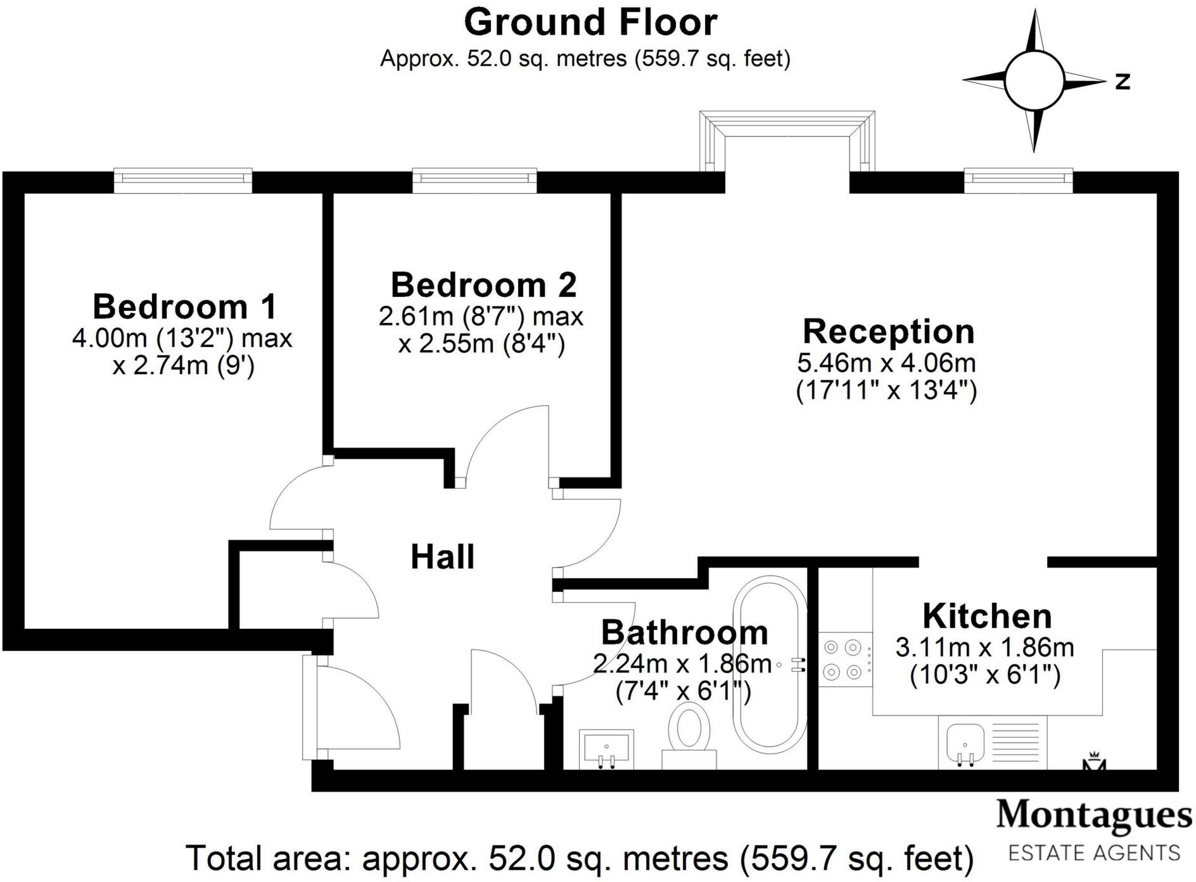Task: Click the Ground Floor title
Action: [x=590, y=23]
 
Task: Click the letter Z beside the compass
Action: [x=1123, y=81]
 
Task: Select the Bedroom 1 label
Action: [x=184, y=307]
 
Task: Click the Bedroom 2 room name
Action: [x=483, y=285]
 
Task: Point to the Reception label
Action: [x=888, y=332]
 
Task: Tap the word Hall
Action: [x=442, y=557]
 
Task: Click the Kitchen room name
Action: [x=986, y=616]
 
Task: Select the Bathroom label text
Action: [x=684, y=633]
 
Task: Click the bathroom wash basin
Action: [x=606, y=747]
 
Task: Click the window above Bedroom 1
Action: [x=183, y=180]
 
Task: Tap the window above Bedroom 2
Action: [x=474, y=180]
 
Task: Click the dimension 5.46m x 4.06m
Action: [x=886, y=363]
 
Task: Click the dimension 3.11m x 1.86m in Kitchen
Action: [x=984, y=648]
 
